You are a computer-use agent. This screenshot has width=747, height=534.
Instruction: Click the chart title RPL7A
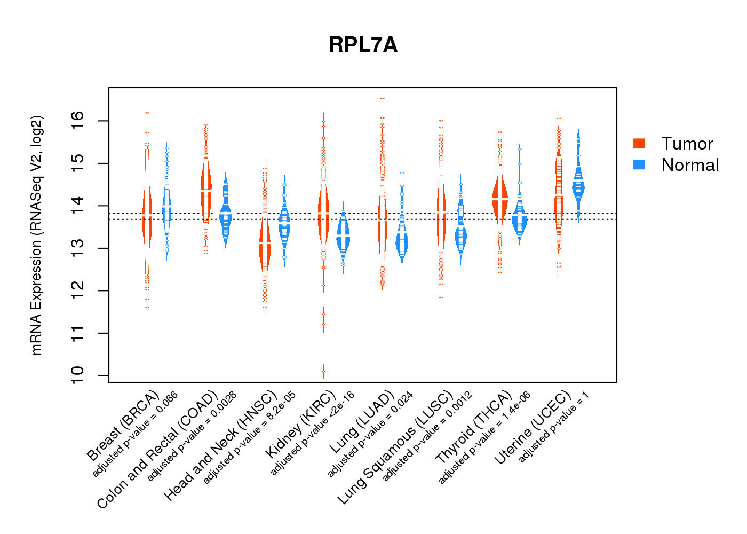click(363, 45)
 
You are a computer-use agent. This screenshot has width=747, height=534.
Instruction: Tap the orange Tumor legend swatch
click(639, 143)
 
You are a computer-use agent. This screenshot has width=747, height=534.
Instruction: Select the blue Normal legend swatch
click(639, 164)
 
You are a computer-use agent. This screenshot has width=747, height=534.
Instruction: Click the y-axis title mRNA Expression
click(36, 235)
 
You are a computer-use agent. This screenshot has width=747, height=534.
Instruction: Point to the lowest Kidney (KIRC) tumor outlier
click(323, 371)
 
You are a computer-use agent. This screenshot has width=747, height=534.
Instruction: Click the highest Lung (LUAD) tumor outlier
click(382, 99)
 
